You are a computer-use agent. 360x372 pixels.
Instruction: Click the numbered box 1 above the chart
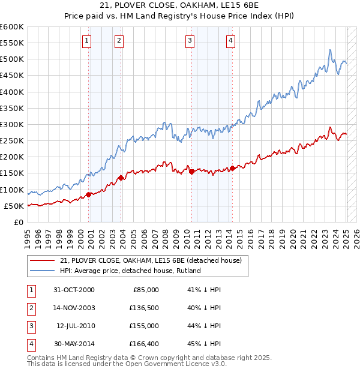tap(87, 41)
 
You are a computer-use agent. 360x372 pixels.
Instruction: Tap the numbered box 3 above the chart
tap(190, 41)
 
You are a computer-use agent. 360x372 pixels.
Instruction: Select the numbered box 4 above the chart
tap(230, 41)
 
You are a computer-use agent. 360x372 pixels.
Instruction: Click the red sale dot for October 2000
tap(89, 194)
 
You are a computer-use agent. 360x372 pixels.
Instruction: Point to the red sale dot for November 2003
tap(121, 178)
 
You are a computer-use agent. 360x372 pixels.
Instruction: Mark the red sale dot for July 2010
tap(192, 172)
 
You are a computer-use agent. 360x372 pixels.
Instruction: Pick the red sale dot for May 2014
tap(233, 167)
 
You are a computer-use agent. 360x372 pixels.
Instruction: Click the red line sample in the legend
tap(41, 260)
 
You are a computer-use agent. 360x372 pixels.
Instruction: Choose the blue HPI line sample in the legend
tap(41, 271)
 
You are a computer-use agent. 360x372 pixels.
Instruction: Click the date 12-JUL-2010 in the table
tap(75, 326)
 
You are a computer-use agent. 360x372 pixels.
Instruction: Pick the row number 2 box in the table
tap(29, 308)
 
